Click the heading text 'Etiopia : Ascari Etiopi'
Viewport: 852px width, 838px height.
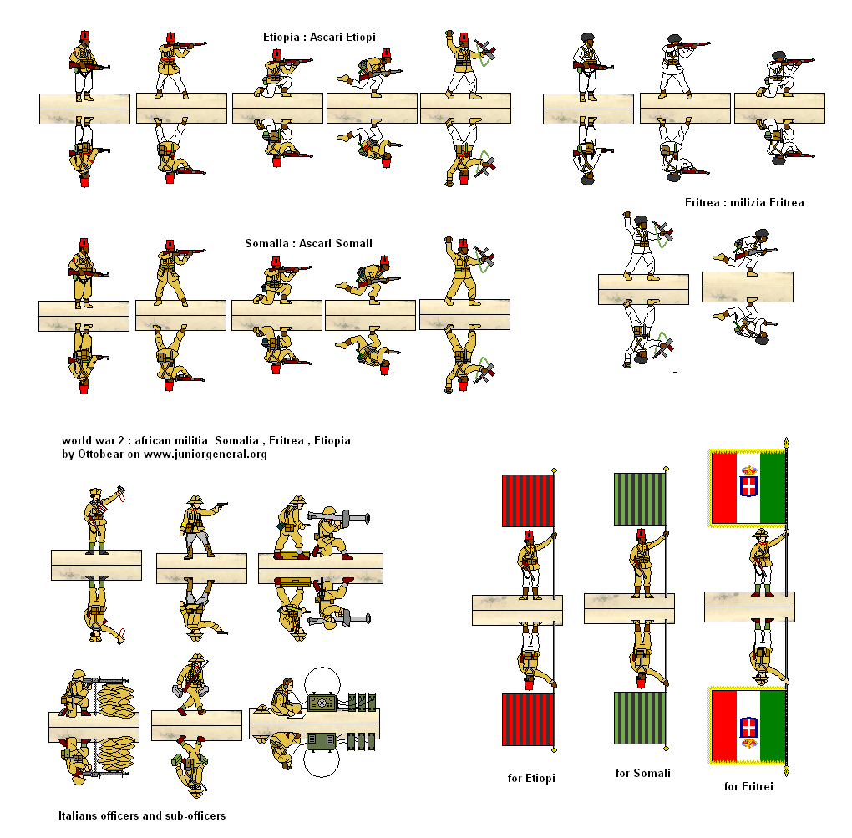(320, 37)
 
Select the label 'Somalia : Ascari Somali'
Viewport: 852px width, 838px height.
(308, 243)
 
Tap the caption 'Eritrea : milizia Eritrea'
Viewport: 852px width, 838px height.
(744, 202)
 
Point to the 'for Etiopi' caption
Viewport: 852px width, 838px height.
(531, 778)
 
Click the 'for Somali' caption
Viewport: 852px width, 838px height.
(642, 773)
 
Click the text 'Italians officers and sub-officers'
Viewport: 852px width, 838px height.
(142, 815)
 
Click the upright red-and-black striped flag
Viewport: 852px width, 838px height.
(528, 500)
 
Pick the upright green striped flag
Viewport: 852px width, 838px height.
(640, 499)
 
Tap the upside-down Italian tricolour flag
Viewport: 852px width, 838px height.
(748, 725)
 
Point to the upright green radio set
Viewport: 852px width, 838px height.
(322, 702)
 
